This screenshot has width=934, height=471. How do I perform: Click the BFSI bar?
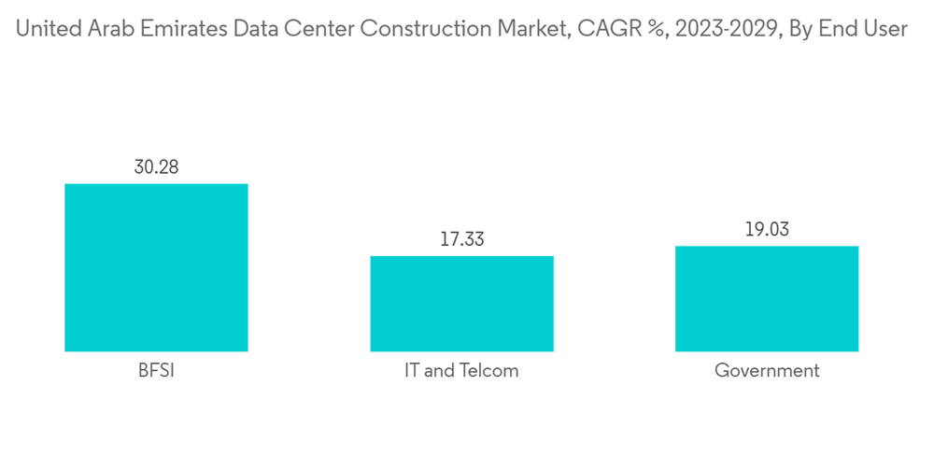[156, 267]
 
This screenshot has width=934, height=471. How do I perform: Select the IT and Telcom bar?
[461, 304]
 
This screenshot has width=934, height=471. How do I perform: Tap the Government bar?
[767, 298]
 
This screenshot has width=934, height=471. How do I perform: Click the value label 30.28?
[156, 167]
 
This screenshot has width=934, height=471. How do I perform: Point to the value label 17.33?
[461, 239]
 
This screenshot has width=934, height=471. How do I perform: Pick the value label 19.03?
[767, 230]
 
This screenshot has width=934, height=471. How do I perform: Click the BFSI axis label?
[156, 371]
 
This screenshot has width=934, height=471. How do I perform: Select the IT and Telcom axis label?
[461, 371]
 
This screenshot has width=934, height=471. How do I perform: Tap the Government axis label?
[767, 371]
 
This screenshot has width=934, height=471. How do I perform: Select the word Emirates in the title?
[185, 29]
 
